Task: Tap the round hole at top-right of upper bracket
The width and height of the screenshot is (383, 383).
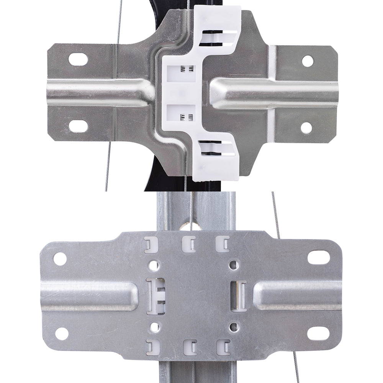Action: point(308,61)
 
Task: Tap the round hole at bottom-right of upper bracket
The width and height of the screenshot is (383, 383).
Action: point(306,128)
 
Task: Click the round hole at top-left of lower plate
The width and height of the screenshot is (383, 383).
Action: point(60,259)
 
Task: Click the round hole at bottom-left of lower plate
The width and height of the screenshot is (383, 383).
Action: point(61,333)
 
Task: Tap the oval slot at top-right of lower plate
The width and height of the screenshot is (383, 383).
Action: point(318,257)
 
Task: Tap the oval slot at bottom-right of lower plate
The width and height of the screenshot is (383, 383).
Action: point(318,333)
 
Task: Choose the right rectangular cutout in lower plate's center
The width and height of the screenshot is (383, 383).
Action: point(239,296)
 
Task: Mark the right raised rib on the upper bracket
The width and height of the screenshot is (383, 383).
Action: point(274,94)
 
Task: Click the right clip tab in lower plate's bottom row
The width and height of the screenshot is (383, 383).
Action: point(223,347)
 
